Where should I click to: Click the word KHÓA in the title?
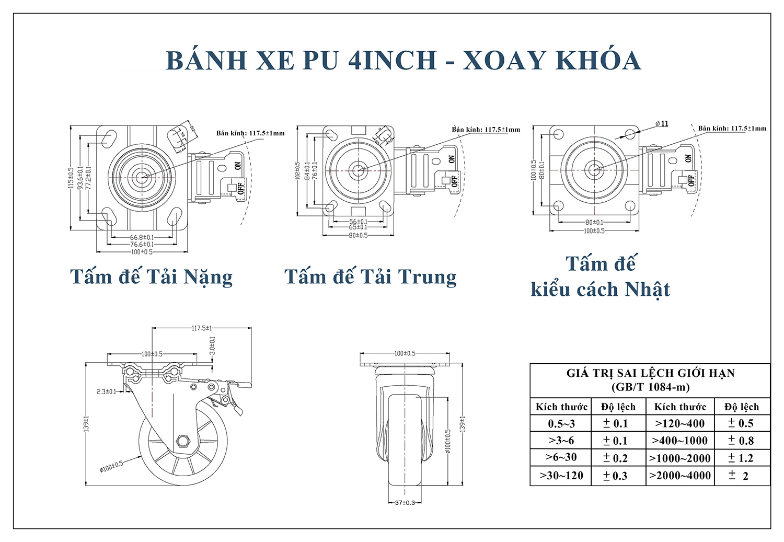click(x=598, y=60)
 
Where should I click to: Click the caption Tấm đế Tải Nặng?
click(x=151, y=276)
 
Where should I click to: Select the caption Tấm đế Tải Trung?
click(x=370, y=276)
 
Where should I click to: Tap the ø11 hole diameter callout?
click(x=662, y=124)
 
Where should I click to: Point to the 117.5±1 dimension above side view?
click(x=202, y=328)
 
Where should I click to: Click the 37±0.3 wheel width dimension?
click(x=405, y=502)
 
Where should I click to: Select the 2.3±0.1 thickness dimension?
click(x=106, y=391)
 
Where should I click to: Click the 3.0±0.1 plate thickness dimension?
click(x=212, y=345)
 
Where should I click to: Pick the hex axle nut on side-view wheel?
click(x=183, y=441)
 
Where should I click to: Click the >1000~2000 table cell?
click(x=679, y=458)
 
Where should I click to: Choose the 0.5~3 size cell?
click(x=561, y=423)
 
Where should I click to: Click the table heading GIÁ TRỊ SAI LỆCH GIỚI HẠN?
click(x=650, y=373)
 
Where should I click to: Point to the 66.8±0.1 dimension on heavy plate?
click(x=142, y=237)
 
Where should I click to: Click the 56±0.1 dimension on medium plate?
click(x=358, y=222)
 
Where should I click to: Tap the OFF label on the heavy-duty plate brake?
click(x=241, y=188)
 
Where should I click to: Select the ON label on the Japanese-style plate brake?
click(x=688, y=158)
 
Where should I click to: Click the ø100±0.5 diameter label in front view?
click(x=448, y=441)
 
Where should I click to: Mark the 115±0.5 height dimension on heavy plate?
click(x=71, y=178)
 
